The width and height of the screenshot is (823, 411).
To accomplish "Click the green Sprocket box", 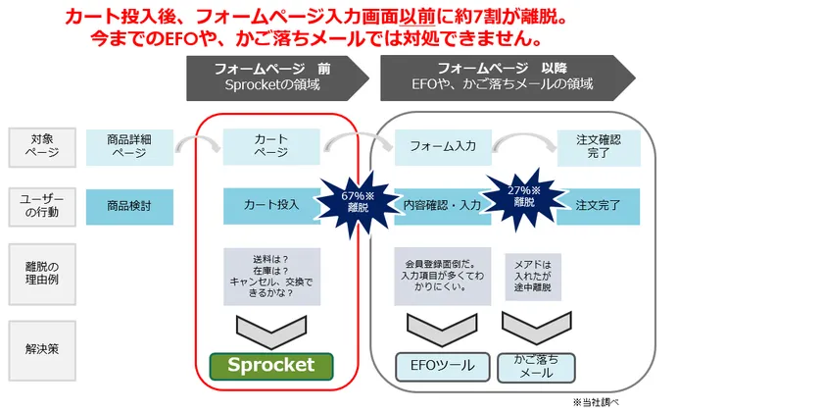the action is [271, 366].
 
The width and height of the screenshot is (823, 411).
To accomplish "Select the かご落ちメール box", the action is [536, 367].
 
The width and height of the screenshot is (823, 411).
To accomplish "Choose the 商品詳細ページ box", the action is [129, 147].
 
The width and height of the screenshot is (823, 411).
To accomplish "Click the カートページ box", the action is [271, 146].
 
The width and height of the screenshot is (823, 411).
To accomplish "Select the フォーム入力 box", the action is [443, 146].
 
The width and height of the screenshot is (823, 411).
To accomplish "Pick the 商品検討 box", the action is [129, 207].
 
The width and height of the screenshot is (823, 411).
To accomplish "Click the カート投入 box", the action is [271, 206].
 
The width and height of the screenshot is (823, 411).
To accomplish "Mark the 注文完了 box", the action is [599, 206].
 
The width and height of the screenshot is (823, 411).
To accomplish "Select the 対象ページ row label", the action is [42, 148].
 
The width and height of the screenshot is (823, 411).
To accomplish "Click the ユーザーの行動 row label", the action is [42, 207].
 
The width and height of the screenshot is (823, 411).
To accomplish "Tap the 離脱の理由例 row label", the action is [42, 274].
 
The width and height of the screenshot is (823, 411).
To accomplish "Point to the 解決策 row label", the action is [42, 350].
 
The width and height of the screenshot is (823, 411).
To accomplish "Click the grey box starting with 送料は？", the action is [271, 277].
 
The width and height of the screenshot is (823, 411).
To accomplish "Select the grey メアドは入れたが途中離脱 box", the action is [533, 277].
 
